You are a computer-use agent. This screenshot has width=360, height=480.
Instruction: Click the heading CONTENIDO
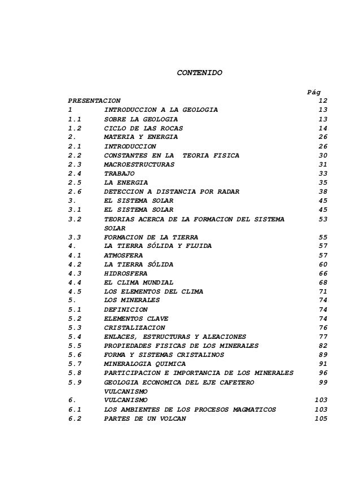coord(200,73)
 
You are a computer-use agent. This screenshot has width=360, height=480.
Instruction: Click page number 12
coord(323,100)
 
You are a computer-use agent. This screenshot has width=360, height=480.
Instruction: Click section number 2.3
coord(74,164)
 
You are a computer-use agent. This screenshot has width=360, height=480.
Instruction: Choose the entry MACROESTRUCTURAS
coord(139,164)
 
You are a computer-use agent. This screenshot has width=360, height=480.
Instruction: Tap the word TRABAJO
coord(120,173)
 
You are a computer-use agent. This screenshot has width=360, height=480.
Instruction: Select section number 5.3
coord(74,328)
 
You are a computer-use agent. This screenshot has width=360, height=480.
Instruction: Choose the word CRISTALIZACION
coord(135,328)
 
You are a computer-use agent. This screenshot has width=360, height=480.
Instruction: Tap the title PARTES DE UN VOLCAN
coord(144,418)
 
